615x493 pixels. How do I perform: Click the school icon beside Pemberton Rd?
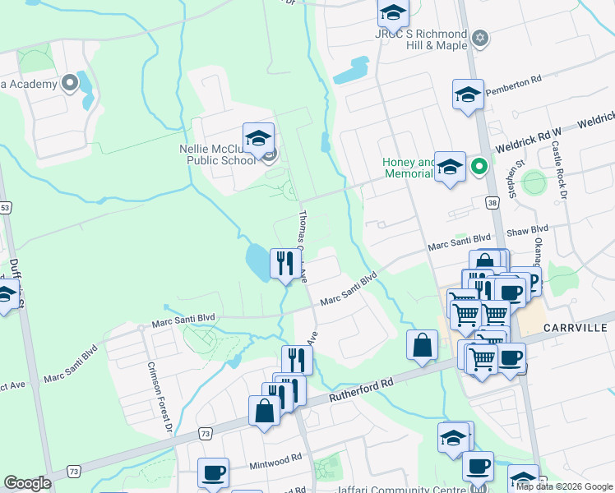click(x=468, y=94)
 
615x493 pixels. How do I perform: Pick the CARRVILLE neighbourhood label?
click(x=575, y=328)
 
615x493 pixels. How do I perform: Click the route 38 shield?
click(x=491, y=200)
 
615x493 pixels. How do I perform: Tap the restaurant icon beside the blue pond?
click(x=286, y=264)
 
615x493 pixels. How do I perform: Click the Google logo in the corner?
click(x=27, y=483)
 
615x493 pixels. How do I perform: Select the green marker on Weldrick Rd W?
click(x=479, y=168)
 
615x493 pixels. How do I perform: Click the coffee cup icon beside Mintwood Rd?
click(x=213, y=472)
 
